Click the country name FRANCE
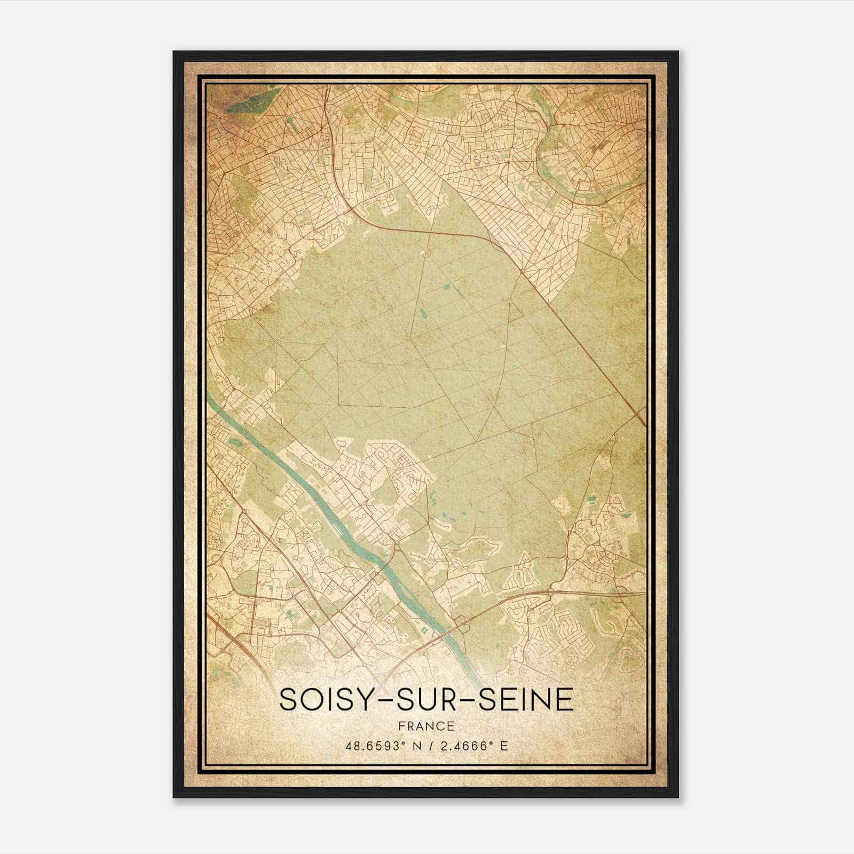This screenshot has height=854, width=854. coord(426,726)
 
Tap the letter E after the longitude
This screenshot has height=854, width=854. coord(504,746)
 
